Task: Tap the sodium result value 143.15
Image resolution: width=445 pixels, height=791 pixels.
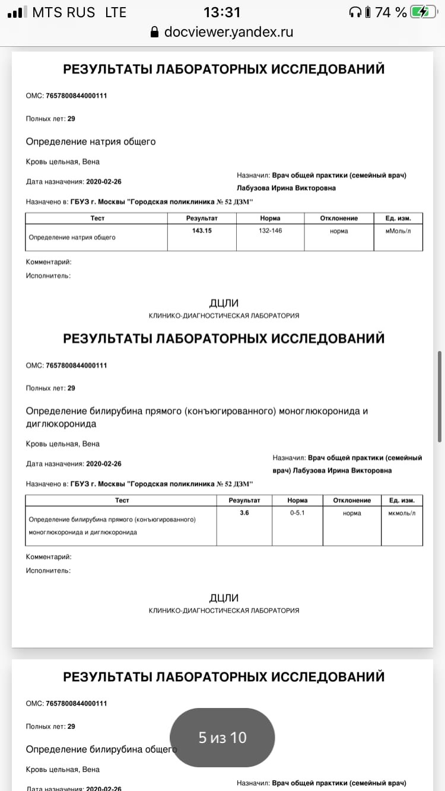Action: (202, 231)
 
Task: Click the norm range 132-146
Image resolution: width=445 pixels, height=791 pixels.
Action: (270, 231)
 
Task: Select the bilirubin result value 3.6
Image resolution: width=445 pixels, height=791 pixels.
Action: (244, 513)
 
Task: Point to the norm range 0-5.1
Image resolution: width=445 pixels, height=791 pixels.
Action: (297, 513)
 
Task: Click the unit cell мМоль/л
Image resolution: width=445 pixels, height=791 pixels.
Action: (398, 231)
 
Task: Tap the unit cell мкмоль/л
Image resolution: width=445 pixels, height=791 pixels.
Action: (402, 513)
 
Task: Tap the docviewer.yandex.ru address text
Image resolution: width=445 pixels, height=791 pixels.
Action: (229, 32)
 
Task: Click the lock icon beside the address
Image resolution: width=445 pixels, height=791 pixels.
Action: (155, 32)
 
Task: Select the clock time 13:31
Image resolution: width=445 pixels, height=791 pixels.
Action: (222, 12)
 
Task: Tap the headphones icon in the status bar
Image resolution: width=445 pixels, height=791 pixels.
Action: (355, 12)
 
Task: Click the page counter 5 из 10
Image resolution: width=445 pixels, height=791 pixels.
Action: (223, 738)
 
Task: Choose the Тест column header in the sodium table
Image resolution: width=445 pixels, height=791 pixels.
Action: (97, 218)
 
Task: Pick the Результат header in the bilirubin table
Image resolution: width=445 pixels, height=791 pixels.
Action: (244, 500)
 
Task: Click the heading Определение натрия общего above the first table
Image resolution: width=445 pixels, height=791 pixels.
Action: (91, 142)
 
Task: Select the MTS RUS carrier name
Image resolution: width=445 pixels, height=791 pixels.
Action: (63, 12)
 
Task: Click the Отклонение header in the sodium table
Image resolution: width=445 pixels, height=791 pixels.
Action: (339, 218)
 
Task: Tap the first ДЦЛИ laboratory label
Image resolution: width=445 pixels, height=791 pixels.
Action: (224, 304)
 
